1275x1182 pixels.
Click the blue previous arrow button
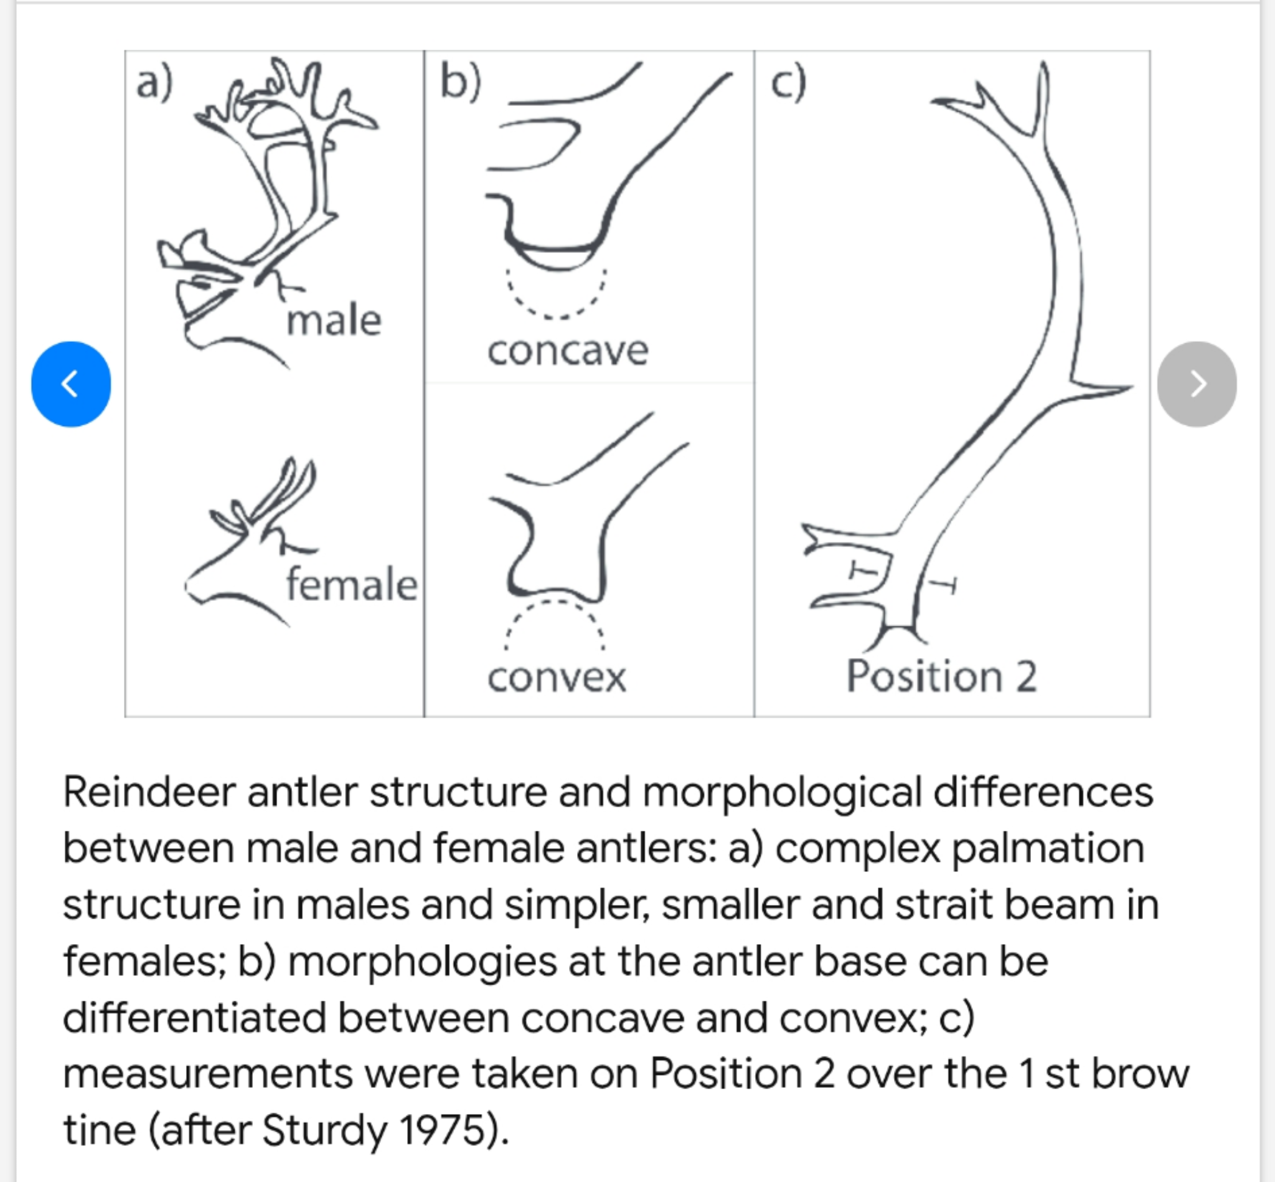point(71,384)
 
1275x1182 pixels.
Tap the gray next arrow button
point(1197,384)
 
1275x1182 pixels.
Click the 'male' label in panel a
point(334,321)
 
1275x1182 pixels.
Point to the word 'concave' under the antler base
point(568,351)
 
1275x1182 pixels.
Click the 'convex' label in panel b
point(557,678)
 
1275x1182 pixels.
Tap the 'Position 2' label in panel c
point(941,677)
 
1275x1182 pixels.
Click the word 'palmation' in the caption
point(1048,849)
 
